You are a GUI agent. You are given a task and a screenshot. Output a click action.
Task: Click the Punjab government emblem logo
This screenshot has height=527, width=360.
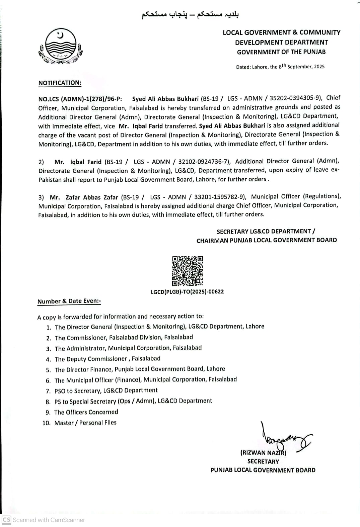click(x=60, y=47)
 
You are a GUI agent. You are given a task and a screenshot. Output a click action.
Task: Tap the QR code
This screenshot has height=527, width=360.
click(x=187, y=271)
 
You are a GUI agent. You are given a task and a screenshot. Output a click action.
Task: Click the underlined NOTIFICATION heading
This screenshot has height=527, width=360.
click(x=60, y=83)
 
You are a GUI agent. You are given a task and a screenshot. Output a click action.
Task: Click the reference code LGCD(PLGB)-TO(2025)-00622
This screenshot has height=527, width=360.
click(x=187, y=291)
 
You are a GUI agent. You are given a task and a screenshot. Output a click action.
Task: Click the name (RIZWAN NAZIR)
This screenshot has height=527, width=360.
click(x=263, y=453)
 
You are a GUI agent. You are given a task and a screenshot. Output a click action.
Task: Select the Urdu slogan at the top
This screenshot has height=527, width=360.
click(x=190, y=15)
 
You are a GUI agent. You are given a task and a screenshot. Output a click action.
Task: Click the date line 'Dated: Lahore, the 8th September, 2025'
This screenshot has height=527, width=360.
click(x=280, y=66)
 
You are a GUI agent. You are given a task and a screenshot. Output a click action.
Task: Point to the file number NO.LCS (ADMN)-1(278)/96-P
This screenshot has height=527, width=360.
click(x=80, y=99)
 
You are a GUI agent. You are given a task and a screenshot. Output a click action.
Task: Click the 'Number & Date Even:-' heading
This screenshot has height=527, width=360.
click(x=69, y=301)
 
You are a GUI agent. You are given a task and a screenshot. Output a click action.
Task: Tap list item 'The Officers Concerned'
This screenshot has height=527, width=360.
click(x=86, y=412)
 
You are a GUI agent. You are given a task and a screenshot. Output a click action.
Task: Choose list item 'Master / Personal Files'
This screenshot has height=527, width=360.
click(x=85, y=423)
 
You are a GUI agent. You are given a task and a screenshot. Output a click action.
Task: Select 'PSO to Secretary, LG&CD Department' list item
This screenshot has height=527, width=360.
click(x=106, y=390)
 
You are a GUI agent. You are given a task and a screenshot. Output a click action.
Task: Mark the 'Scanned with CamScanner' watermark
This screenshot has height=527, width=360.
click(x=44, y=520)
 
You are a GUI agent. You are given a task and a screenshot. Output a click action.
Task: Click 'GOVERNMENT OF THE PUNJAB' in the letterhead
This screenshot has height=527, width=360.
click(x=281, y=52)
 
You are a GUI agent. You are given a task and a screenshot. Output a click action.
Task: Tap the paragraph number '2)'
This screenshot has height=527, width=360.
click(x=41, y=162)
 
